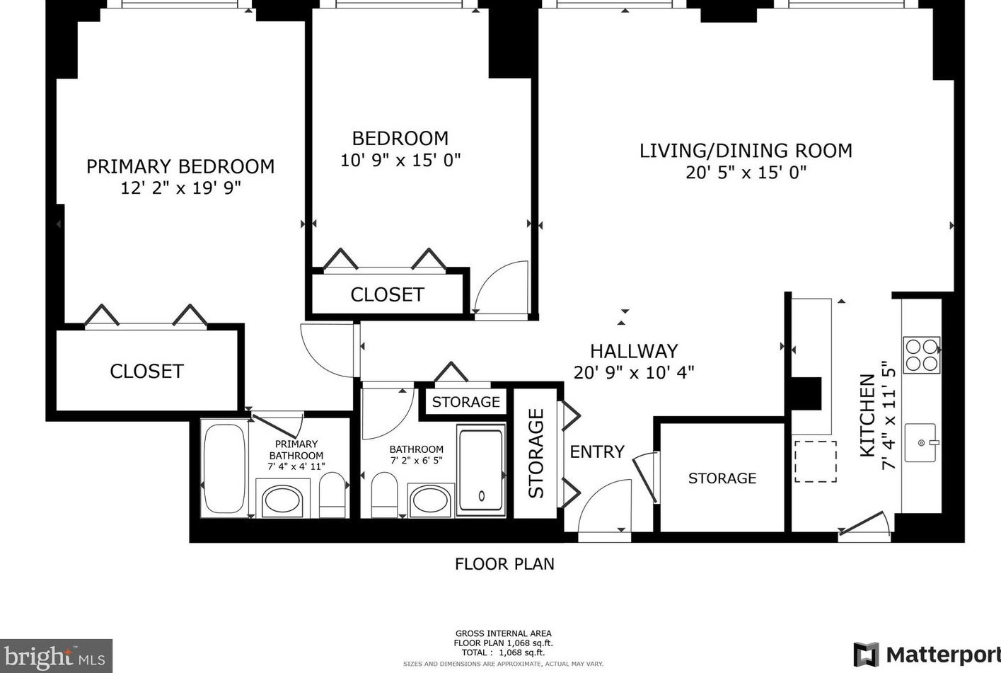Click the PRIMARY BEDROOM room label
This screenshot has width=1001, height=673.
click(180, 166)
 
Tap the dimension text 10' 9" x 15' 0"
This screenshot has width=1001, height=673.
click(400, 161)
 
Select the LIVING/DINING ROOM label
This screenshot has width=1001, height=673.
click(746, 151)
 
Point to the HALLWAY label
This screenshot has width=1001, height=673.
click(634, 351)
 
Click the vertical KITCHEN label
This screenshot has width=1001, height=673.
click(867, 415)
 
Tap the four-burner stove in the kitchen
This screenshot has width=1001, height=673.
click(922, 355)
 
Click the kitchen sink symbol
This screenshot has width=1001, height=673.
click(920, 443)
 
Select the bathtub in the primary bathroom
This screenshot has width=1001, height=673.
click(224, 468)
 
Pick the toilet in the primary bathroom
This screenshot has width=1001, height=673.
click(332, 495)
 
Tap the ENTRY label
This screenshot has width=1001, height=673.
click(597, 451)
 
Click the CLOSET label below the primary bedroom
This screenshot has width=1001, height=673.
click(146, 372)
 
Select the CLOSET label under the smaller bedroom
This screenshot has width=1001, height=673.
click(387, 294)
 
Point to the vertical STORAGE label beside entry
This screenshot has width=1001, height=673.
click(536, 453)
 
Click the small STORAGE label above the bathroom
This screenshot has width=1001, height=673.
click(465, 402)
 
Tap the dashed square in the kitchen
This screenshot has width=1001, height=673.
click(815, 461)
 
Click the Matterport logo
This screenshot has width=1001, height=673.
click(927, 654)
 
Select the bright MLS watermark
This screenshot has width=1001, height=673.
click(56, 657)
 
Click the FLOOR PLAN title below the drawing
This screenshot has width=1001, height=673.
click(504, 564)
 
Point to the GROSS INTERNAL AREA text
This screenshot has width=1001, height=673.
click(503, 633)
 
